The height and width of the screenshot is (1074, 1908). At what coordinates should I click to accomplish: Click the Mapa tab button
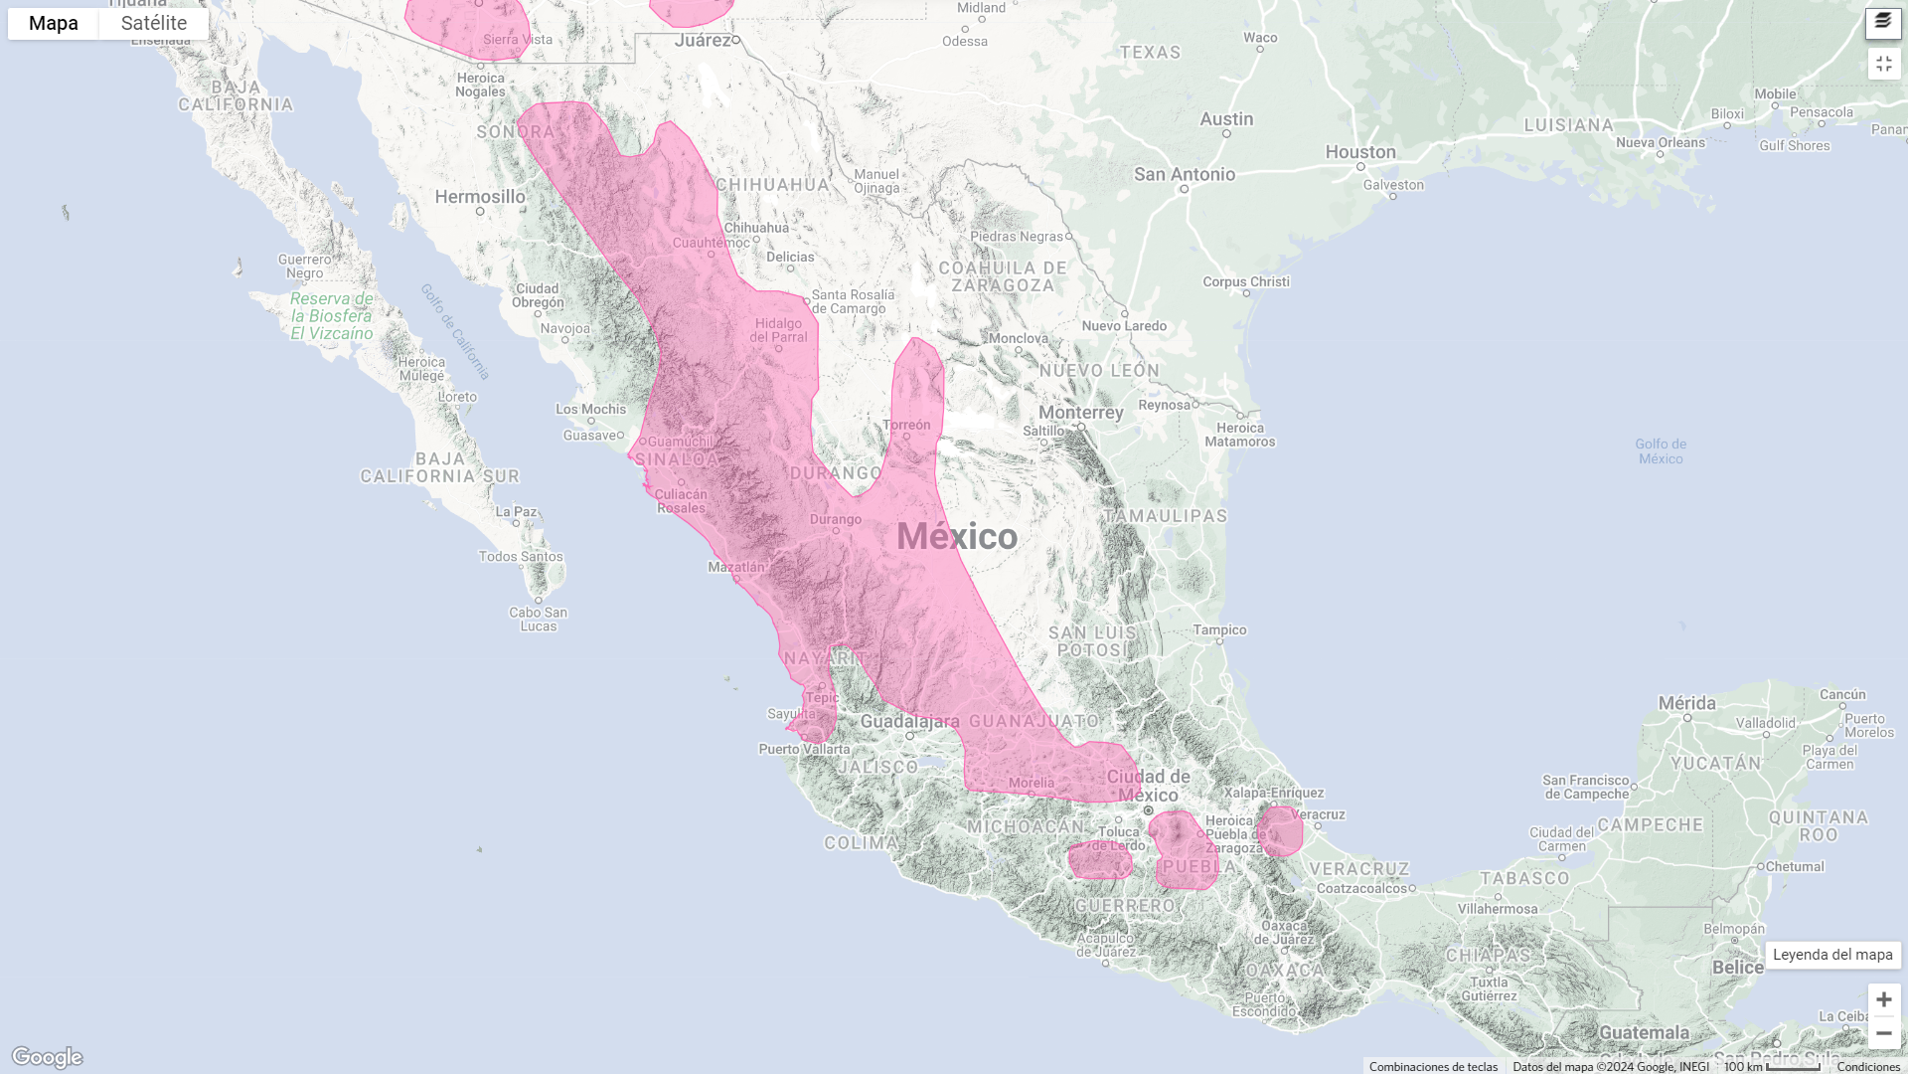click(54, 23)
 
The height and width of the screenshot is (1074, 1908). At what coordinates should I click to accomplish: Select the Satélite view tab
click(154, 23)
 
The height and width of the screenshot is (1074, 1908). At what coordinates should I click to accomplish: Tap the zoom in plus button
click(1883, 999)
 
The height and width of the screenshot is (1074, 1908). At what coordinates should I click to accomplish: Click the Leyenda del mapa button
click(1832, 955)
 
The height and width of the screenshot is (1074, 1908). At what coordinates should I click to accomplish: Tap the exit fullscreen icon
click(1883, 64)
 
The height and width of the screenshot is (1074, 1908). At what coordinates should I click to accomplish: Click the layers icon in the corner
click(1883, 22)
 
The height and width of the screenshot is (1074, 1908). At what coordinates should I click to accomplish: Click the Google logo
click(47, 1056)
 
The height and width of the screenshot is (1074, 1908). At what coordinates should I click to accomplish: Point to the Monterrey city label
click(1080, 413)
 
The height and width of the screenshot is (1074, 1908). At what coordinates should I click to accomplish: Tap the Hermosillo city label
click(480, 197)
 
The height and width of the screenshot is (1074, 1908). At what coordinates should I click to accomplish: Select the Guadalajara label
click(909, 721)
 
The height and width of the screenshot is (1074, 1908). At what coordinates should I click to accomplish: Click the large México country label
click(957, 537)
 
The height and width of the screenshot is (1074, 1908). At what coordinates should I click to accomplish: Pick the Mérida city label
click(1686, 703)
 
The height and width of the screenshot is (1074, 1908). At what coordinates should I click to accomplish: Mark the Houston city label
click(1360, 152)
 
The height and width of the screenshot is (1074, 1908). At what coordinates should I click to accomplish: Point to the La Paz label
click(516, 512)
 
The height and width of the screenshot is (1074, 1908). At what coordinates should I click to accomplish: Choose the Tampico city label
click(1219, 629)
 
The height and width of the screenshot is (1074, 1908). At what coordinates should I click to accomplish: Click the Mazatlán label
click(736, 567)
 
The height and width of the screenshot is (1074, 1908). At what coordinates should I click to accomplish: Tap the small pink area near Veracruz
click(1280, 831)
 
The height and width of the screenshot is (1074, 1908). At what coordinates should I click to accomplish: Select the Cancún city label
click(1842, 694)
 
